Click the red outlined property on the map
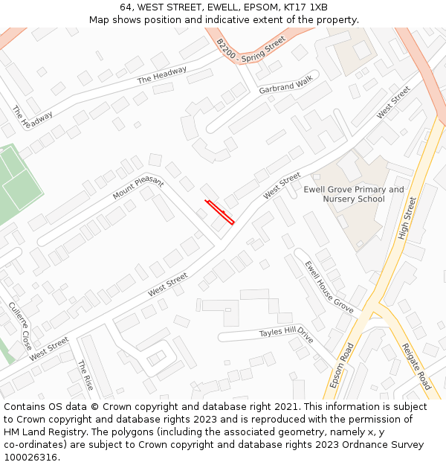click(x=220, y=212)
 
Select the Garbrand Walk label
click(x=286, y=86)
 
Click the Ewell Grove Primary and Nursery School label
click(x=355, y=194)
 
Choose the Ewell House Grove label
click(x=329, y=285)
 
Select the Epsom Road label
click(x=342, y=365)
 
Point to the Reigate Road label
click(x=416, y=366)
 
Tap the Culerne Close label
click(x=20, y=326)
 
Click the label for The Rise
click(x=85, y=375)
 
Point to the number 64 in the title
click(x=126, y=7)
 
